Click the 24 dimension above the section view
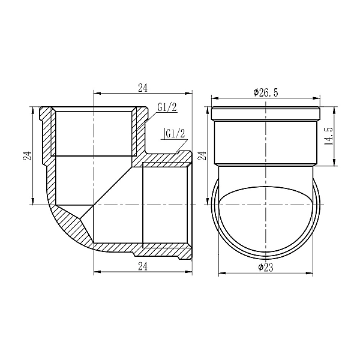pos(142,88)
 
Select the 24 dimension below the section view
pos(142,265)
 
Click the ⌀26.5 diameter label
pos(265,92)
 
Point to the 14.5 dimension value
pos(328,136)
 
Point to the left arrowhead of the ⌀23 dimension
pos(218,274)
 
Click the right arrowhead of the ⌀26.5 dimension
pos(317,98)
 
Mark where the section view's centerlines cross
pos(94,205)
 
